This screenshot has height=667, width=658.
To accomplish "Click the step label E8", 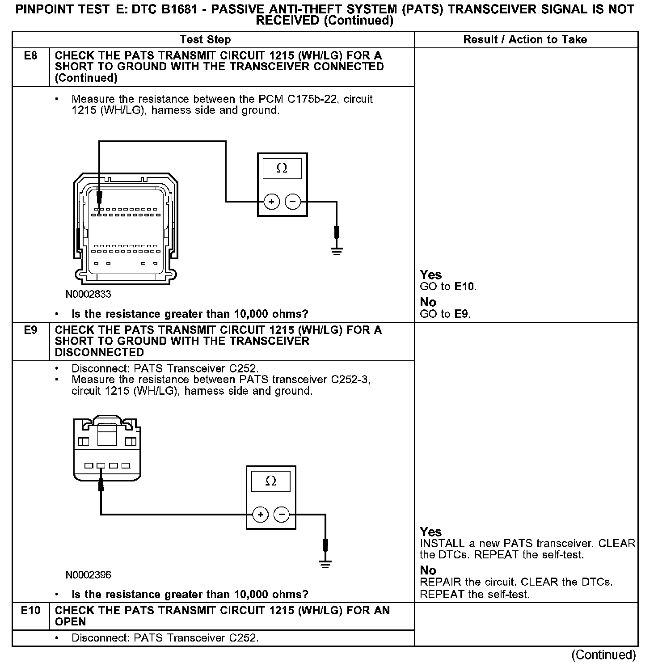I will coord(30,56).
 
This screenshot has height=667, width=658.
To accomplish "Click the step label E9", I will coord(30,330).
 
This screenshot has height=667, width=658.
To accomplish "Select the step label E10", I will coord(30,611).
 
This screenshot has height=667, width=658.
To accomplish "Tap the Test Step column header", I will coord(205,40).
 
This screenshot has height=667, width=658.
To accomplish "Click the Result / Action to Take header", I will coord(525,40).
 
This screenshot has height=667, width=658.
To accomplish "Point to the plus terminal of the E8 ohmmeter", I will coord(271,202).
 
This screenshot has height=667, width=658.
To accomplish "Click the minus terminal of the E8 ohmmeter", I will coord(293,202).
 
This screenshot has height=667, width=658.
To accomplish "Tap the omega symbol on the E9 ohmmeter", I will coord(270,481).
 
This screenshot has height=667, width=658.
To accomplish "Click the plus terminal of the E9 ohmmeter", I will coord(260,515).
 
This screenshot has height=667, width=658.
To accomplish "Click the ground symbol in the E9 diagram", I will coord(325,564).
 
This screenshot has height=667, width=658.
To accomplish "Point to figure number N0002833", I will coord(88,294).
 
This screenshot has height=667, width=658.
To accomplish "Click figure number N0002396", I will coord(88,575).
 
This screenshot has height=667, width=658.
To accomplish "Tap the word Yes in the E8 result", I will coord(431,275).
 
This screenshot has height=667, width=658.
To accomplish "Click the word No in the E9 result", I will coord(428,570).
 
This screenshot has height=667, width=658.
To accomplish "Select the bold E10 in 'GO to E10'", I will coord(464,287).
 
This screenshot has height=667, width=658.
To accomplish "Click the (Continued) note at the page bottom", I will coord(603,655).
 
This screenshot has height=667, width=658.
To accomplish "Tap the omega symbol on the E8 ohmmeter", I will coord(282,169).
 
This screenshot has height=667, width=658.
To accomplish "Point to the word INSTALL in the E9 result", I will coord(442,544).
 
